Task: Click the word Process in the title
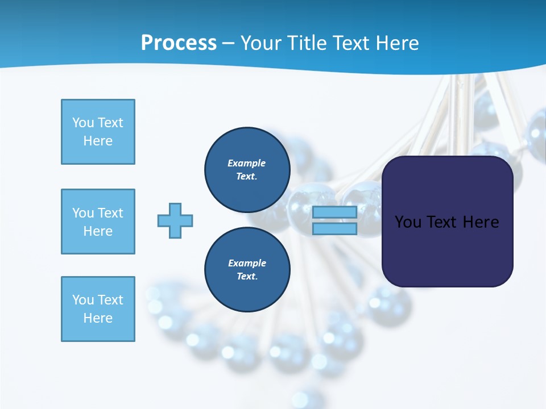pos(179,43)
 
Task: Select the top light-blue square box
pos(98,132)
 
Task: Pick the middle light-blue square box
pos(98,222)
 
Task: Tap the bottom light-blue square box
pos(98,309)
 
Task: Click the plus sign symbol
pos(175,220)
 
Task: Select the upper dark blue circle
pos(247,169)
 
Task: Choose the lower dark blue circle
pos(247,269)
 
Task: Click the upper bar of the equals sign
pos(334,212)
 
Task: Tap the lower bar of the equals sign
pos(334,228)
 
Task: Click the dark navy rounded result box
pos(447,250)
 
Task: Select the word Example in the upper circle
pos(247,163)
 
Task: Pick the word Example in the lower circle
pos(247,263)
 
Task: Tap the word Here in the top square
pos(98,141)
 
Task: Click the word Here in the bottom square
pos(98,318)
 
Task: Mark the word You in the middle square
pos(82,213)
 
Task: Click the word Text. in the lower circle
pos(247,276)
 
